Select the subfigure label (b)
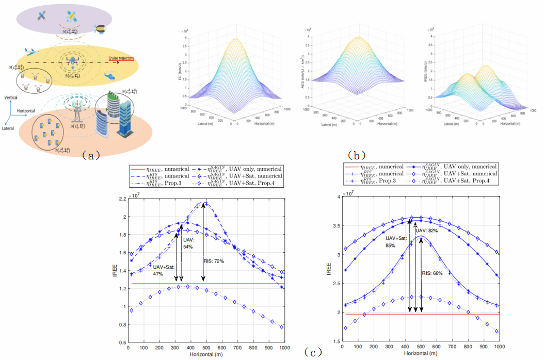tap(356, 154)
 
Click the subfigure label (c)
tap(313, 353)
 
